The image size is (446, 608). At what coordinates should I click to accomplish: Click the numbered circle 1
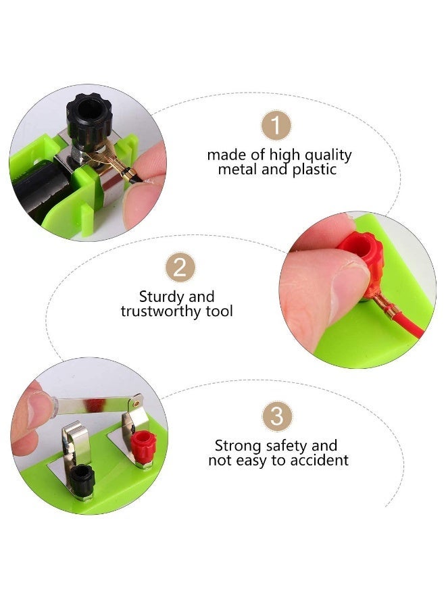pos(276,126)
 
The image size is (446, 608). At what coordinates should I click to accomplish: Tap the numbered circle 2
pos(180,268)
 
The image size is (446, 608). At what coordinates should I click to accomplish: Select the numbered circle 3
pos(276,416)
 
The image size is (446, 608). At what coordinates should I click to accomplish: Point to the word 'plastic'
pos(314,170)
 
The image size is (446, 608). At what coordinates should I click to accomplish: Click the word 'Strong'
pos(237,446)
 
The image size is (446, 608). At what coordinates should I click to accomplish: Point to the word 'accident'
pos(320,461)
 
